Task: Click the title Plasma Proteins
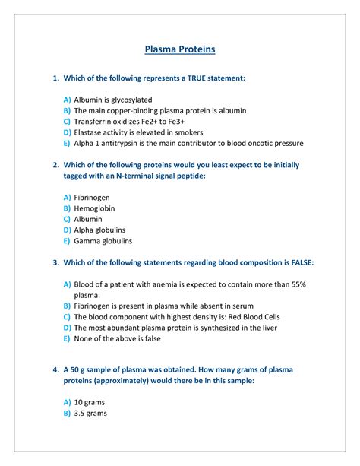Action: coord(180,49)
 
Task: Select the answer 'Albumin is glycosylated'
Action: coord(113,100)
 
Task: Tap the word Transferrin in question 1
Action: coord(94,122)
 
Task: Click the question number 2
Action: coord(56,164)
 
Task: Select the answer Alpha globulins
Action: coord(99,230)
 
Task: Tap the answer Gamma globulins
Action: coord(103,241)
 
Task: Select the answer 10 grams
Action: coord(91,402)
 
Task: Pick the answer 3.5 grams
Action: coord(90,414)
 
